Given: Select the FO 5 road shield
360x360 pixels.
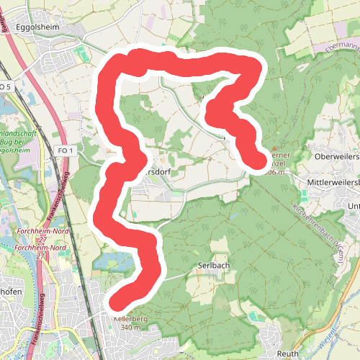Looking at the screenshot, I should point(6,86).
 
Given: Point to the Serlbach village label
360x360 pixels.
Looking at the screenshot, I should point(213,265).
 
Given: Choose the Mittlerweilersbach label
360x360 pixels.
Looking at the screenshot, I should point(332,183).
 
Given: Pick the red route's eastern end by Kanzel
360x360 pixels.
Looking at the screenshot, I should point(257,160).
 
